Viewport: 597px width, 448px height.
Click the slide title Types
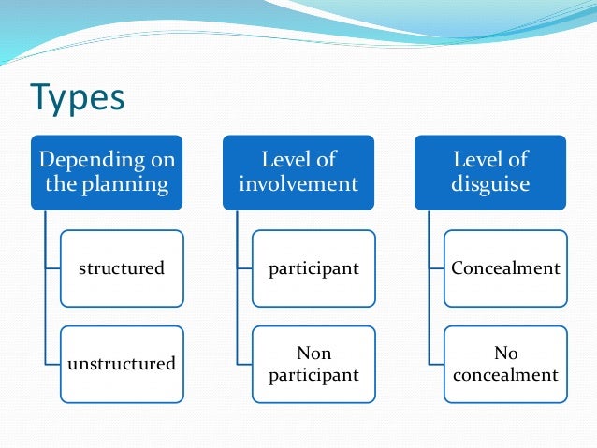pos(78,96)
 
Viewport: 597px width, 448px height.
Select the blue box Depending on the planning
pos(108,172)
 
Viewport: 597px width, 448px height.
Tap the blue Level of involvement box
pos(298,172)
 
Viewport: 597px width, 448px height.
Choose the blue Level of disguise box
pos(490,172)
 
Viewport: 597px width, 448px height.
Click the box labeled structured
pos(121,268)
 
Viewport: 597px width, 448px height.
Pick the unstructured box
pos(121,363)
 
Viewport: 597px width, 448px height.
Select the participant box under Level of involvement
pos(313,268)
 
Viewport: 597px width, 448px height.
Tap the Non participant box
pos(313,363)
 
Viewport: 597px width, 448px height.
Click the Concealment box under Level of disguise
pos(505,268)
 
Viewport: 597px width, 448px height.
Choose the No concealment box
pos(505,363)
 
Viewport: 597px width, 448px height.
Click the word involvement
pos(298,184)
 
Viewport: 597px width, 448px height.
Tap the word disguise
pos(490,184)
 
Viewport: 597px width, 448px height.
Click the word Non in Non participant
pos(313,353)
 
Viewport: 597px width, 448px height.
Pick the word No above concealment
pos(505,353)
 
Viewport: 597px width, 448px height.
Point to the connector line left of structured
pos(52,268)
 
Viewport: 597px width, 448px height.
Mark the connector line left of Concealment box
pos(436,268)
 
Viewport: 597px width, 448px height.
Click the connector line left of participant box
pos(244,268)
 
